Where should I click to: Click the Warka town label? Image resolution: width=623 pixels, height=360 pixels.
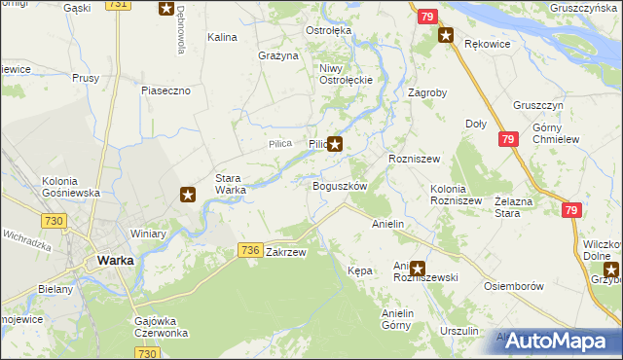coord(115,261)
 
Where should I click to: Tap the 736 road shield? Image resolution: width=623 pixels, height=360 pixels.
coord(249,251)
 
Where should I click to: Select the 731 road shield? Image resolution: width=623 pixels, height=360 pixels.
coord(117,5)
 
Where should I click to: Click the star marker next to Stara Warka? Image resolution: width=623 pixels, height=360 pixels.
coord(189,196)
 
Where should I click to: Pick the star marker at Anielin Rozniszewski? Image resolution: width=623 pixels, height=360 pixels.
coord(418,268)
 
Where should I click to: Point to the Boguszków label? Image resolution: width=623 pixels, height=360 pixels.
coord(339,186)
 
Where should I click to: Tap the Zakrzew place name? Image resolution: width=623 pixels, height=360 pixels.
coord(286,252)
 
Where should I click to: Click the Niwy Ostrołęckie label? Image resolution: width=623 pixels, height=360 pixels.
coord(340,74)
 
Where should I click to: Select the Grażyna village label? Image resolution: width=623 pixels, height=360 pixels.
coord(277,55)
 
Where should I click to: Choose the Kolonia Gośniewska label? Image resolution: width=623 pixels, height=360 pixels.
coord(71,187)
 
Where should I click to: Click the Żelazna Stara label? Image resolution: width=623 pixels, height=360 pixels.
coord(517,205)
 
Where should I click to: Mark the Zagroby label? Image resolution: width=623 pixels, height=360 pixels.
coord(427,93)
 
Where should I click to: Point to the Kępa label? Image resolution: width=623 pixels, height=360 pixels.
coord(360,270)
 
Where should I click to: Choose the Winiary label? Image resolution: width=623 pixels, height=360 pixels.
coord(149,234)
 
